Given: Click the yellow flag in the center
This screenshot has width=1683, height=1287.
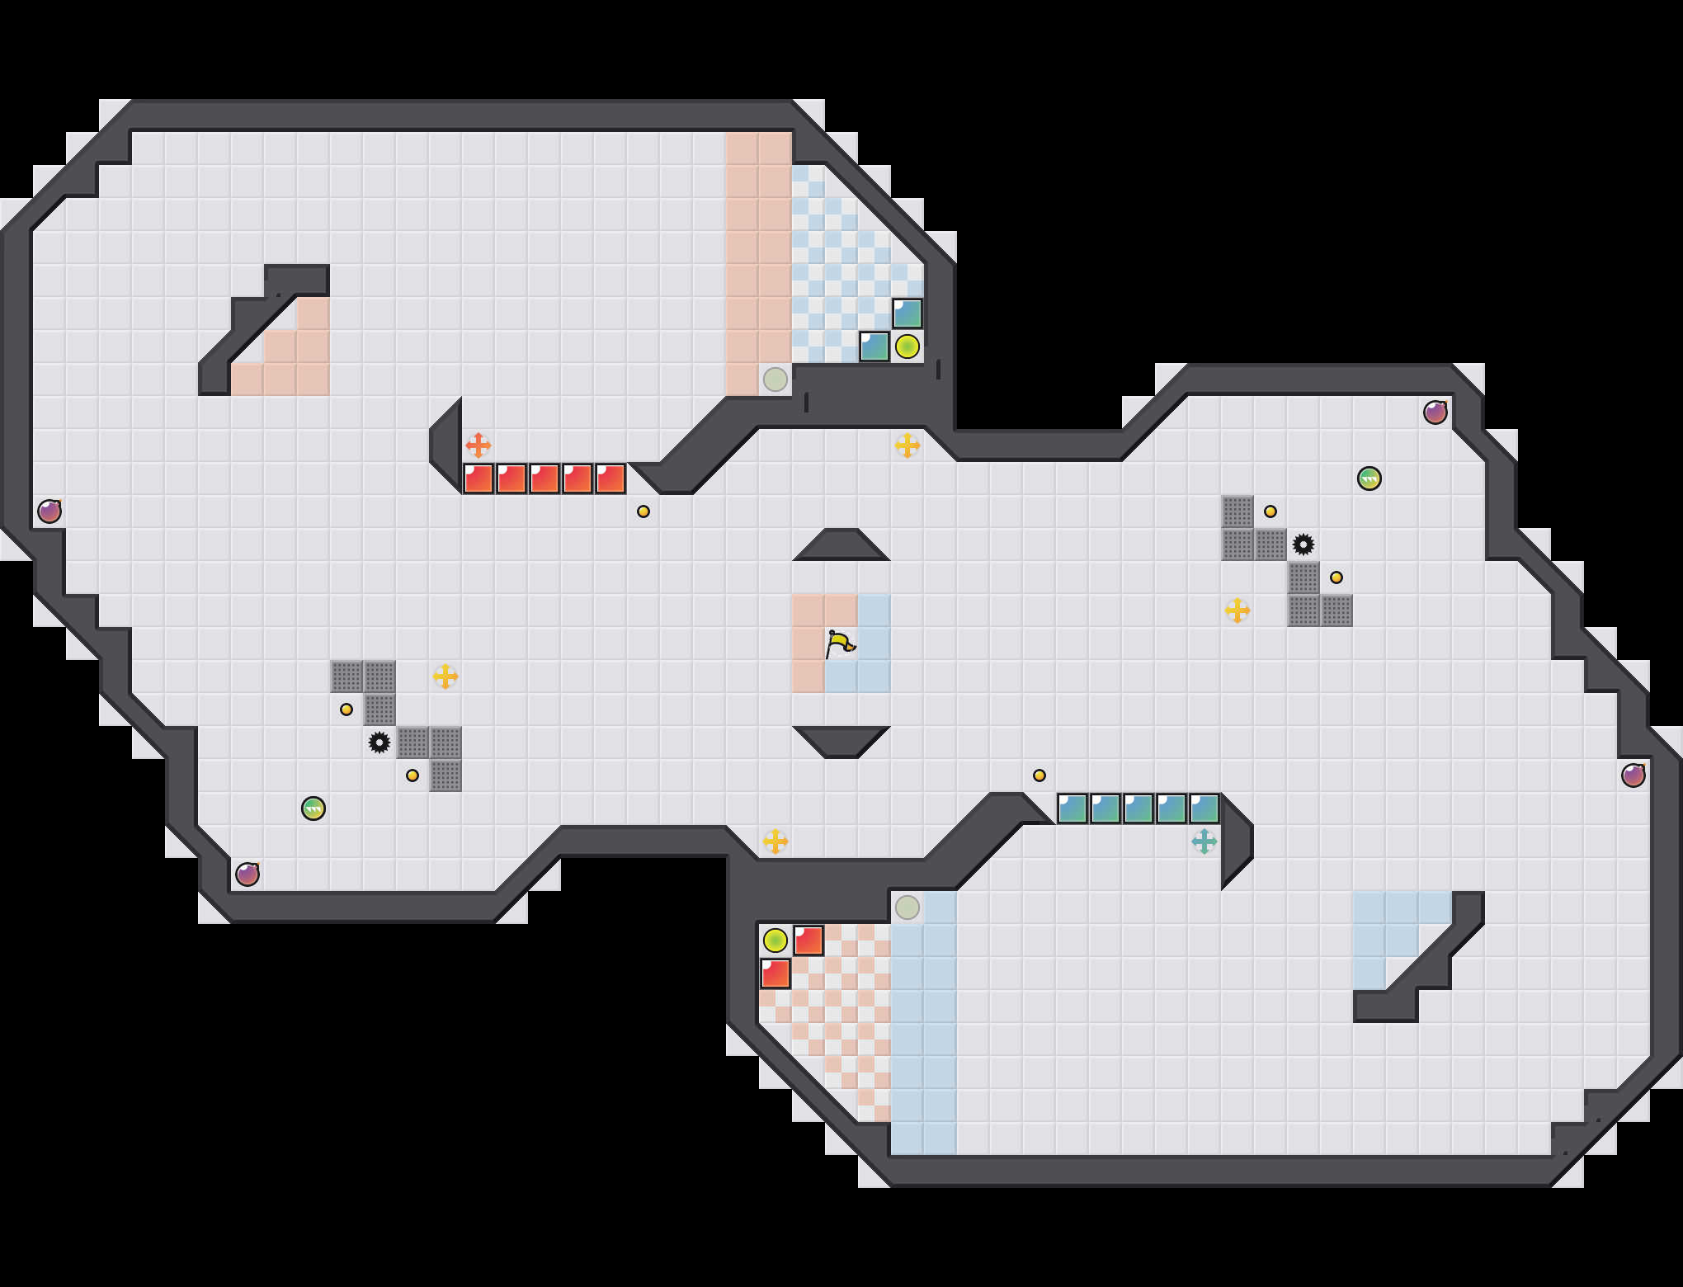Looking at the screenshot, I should pyautogui.click(x=840, y=643).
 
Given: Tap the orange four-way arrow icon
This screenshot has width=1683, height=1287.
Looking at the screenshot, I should pyautogui.click(x=478, y=445).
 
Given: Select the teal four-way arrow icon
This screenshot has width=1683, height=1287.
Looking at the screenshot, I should pyautogui.click(x=1204, y=841).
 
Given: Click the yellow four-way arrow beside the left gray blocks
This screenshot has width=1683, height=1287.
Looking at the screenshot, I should pyautogui.click(x=445, y=676).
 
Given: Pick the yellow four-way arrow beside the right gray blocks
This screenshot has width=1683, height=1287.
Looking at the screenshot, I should pyautogui.click(x=1237, y=610).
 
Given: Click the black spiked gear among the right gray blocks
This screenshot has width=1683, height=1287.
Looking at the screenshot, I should pyautogui.click(x=1303, y=544).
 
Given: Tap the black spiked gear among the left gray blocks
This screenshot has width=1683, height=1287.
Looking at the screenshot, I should pyautogui.click(x=379, y=742).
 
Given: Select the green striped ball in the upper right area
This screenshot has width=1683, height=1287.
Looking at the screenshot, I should pyautogui.click(x=1369, y=478).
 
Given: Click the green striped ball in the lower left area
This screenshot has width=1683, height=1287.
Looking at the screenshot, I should pyautogui.click(x=313, y=808).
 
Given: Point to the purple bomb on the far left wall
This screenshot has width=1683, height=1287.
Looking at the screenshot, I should pyautogui.click(x=49, y=511).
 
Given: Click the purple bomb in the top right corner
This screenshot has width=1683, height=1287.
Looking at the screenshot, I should pyautogui.click(x=1435, y=412).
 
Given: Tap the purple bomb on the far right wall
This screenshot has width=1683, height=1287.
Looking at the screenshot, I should pyautogui.click(x=1633, y=775).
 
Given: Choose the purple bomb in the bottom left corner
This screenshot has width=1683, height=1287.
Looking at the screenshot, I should pyautogui.click(x=247, y=874).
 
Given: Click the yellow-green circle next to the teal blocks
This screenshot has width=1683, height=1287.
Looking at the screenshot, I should pyautogui.click(x=907, y=346).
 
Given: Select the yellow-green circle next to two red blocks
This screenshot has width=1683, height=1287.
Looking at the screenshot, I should pyautogui.click(x=775, y=940).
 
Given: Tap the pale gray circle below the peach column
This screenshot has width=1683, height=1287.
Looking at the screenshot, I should pyautogui.click(x=775, y=379).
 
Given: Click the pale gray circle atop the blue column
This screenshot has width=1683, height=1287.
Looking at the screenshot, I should pyautogui.click(x=907, y=907).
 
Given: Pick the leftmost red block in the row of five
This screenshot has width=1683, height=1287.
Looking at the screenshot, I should pyautogui.click(x=478, y=478).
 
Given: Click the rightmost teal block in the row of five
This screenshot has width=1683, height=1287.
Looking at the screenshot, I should pyautogui.click(x=1204, y=808).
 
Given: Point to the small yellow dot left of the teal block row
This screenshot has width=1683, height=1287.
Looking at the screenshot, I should pyautogui.click(x=1039, y=775).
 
